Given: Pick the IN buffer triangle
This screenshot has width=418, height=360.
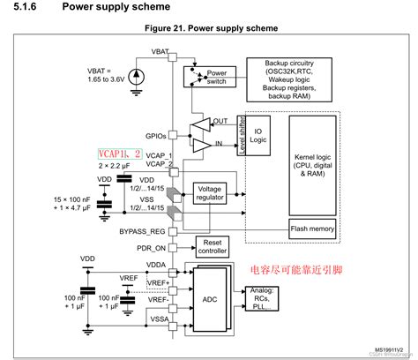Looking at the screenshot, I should [x=205, y=142].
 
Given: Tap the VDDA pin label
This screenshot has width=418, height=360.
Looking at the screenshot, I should [x=156, y=263].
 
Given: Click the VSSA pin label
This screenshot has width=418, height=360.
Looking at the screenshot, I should [x=156, y=319].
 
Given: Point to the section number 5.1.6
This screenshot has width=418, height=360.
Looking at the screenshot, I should [x=24, y=8].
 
